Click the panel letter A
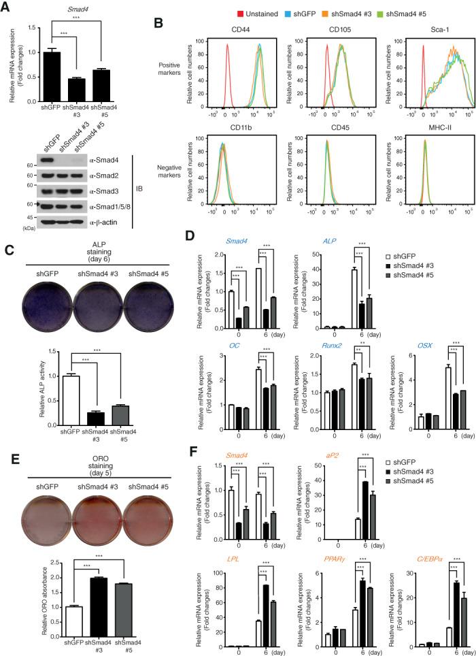7,6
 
